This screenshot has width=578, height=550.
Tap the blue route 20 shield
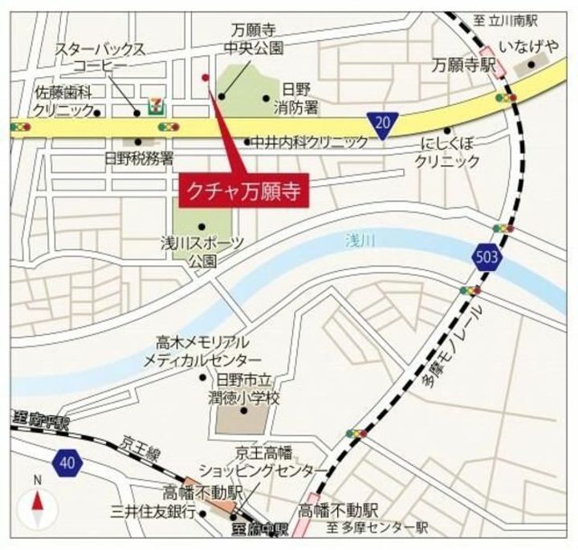(x=384, y=123)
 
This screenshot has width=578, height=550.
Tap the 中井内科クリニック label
(x=309, y=142)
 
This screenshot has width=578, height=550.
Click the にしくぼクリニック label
(x=447, y=152)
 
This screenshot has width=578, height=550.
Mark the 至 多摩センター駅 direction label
(x=377, y=528)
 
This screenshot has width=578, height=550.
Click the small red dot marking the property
(x=206, y=78)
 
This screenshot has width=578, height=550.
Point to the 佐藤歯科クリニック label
(x=61, y=99)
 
